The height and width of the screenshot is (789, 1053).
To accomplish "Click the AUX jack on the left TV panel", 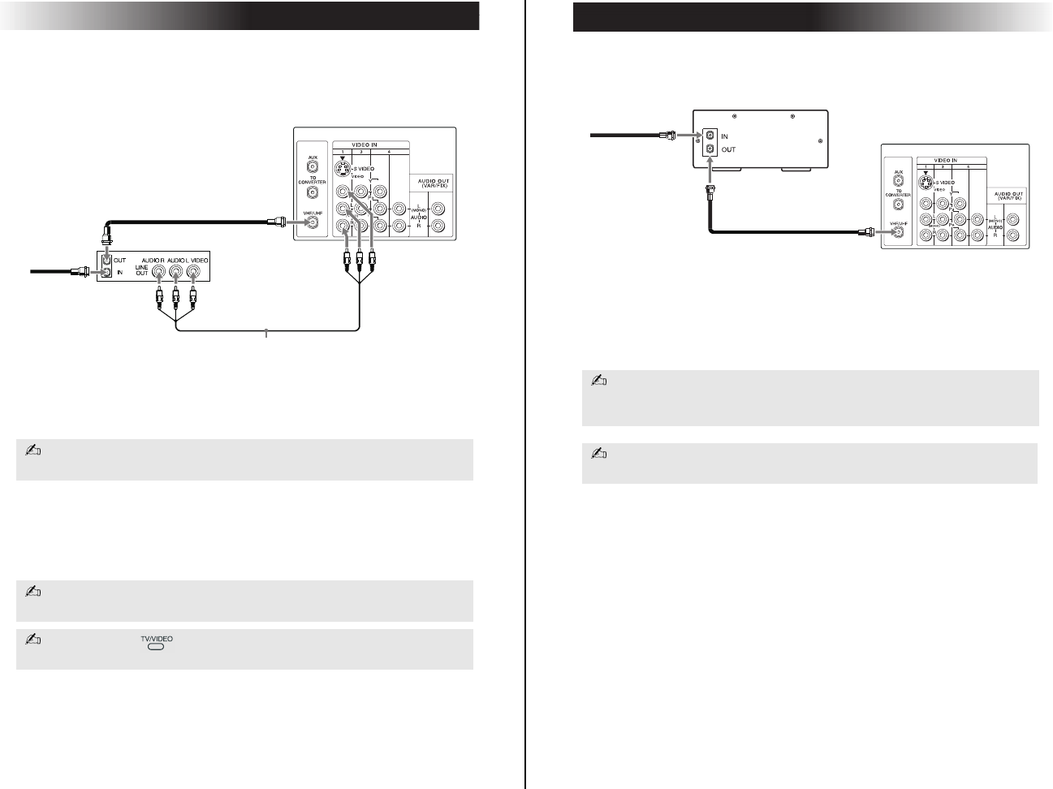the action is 312,166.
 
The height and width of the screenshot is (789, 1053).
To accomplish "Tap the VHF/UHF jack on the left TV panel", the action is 312,220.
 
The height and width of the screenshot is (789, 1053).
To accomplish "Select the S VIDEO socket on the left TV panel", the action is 344,170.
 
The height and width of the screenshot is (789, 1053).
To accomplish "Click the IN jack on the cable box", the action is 711,136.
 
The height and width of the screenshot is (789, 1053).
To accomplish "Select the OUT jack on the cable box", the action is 711,149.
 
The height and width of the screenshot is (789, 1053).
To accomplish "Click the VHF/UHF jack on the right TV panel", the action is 897,232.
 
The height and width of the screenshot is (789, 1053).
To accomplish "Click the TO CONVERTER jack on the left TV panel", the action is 312,193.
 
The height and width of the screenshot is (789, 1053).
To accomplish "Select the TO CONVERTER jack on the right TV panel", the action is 898,205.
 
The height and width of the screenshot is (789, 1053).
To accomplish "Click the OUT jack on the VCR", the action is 105,261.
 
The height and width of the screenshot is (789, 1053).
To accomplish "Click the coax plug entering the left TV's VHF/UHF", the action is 278,220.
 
